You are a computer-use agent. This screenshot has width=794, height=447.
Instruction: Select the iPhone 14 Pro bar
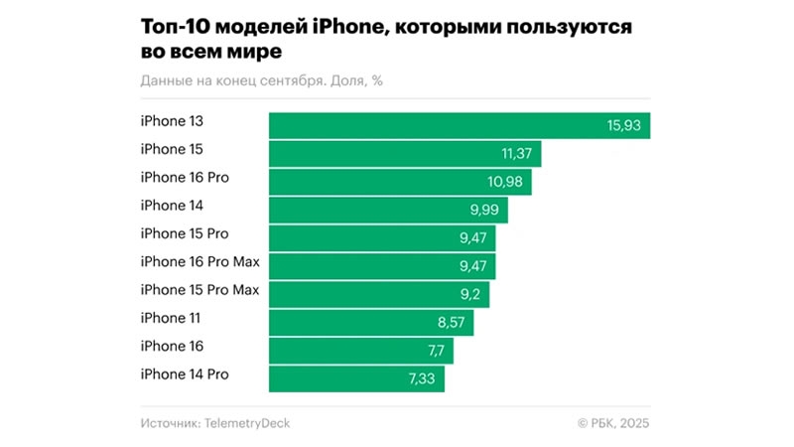[356, 378]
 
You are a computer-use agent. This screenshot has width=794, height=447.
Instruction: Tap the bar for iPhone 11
[371, 323]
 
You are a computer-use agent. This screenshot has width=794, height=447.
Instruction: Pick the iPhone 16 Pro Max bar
[382, 266]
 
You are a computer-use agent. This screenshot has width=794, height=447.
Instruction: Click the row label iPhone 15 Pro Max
[199, 290]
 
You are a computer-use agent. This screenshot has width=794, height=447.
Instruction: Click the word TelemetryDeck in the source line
[247, 424]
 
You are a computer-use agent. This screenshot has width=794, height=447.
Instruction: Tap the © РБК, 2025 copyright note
[613, 424]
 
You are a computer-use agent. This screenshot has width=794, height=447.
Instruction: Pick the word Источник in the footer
[169, 424]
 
